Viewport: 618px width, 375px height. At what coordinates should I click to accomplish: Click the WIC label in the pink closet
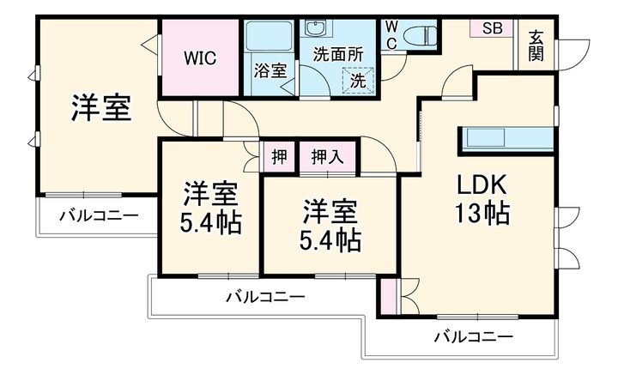(203, 58)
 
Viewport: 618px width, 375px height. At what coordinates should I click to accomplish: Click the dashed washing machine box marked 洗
(356, 81)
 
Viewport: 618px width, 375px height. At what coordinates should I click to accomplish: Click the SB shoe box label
(491, 27)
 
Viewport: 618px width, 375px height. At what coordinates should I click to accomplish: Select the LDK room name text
(482, 184)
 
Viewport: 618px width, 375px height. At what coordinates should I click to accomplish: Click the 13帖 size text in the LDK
(482, 211)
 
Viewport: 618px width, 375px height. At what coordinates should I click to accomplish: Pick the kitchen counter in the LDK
(507, 138)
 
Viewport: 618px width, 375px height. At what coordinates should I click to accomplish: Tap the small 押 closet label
(279, 157)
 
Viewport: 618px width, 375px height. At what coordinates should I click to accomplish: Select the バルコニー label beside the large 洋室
(98, 215)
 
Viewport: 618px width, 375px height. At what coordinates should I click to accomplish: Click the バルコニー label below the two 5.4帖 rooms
(265, 298)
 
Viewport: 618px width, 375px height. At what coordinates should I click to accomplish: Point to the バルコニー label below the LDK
(473, 336)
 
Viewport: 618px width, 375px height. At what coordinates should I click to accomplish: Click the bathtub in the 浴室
(269, 39)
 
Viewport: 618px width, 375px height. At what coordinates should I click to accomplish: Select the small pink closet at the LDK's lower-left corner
(388, 296)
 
